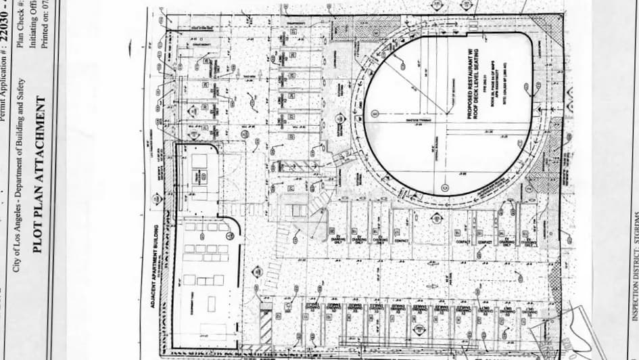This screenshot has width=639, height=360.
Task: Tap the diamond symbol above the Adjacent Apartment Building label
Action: click(157, 198)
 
